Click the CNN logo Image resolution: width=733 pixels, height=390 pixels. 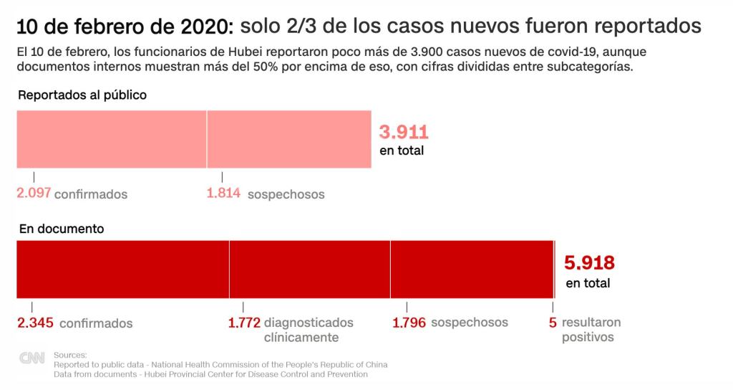(31, 359)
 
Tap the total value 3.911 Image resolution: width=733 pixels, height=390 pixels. (404, 132)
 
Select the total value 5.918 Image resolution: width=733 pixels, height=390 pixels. (590, 262)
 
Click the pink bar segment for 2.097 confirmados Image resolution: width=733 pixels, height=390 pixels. (111, 139)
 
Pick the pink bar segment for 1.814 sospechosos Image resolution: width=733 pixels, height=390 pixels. (289, 139)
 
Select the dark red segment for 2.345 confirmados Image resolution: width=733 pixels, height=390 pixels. (122, 269)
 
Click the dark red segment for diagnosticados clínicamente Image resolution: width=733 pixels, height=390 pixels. (309, 269)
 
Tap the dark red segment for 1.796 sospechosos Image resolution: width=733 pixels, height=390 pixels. (472, 269)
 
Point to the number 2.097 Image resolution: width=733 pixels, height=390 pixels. (34, 194)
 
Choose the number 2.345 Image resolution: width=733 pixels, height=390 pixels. (35, 323)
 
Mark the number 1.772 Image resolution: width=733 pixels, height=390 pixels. (244, 323)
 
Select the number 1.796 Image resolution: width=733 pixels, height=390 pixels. (409, 323)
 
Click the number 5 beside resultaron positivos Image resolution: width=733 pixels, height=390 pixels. (553, 323)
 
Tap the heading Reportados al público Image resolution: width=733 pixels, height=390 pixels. (82, 95)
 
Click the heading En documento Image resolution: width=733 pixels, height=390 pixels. (61, 229)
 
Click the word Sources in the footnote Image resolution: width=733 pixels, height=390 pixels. (70, 354)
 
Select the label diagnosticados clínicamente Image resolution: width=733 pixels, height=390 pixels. (309, 330)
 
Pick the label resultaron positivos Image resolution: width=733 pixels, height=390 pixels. (591, 330)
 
